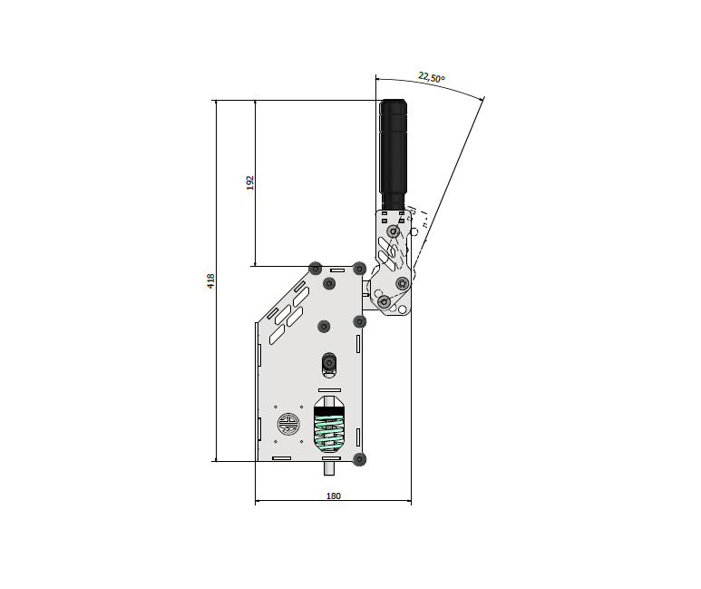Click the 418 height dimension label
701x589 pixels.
tap(211, 281)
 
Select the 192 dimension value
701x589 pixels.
tap(250, 182)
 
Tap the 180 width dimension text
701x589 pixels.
tap(334, 496)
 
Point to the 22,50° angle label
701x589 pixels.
tap(432, 77)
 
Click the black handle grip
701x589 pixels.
tap(393, 154)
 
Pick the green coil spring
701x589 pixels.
tap(329, 433)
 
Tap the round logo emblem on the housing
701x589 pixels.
tap(288, 424)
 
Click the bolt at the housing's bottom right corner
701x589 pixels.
tap(359, 459)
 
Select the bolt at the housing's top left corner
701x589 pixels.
tap(316, 269)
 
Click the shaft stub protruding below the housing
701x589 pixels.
tap(329, 468)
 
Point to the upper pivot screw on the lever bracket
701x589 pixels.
tap(394, 231)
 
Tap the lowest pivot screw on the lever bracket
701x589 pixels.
tap(384, 302)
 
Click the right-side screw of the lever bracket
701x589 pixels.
tap(403, 283)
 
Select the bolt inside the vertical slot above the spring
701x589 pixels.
tap(329, 362)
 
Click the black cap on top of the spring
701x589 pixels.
tap(329, 411)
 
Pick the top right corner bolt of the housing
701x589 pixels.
tap(359, 269)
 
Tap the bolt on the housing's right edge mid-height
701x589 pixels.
tap(359, 321)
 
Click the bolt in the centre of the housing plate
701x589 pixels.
tap(324, 327)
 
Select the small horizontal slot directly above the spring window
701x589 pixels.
tap(329, 390)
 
